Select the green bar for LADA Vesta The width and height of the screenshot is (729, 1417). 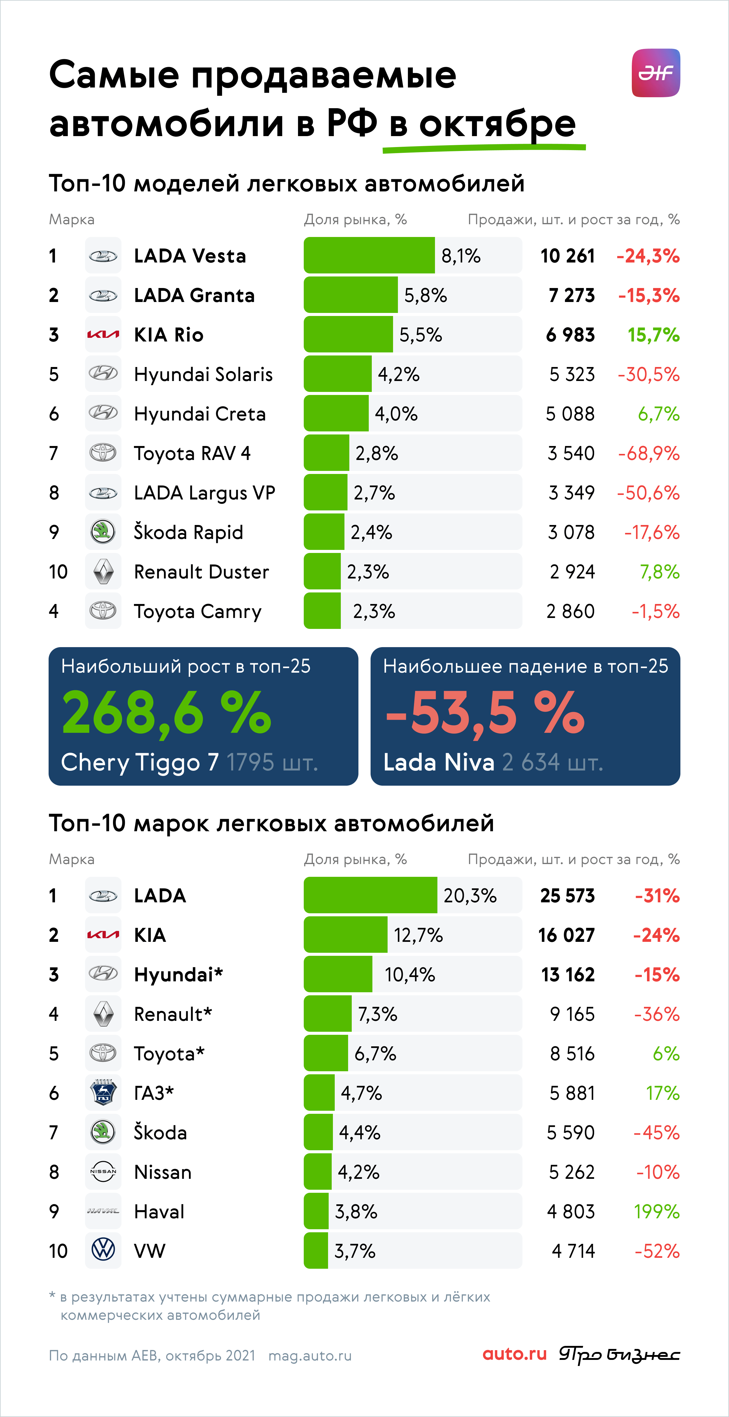pos(369,255)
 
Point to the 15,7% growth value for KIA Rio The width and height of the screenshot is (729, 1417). pos(654,335)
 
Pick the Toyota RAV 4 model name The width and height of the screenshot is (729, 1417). pos(192,453)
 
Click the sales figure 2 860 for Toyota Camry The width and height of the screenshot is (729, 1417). pos(571,611)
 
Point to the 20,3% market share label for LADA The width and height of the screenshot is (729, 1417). pos(470,896)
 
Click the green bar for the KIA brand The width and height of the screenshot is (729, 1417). pos(346,935)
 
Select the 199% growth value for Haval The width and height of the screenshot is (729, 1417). pos(657,1211)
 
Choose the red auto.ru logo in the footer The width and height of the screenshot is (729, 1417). pos(515,1354)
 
